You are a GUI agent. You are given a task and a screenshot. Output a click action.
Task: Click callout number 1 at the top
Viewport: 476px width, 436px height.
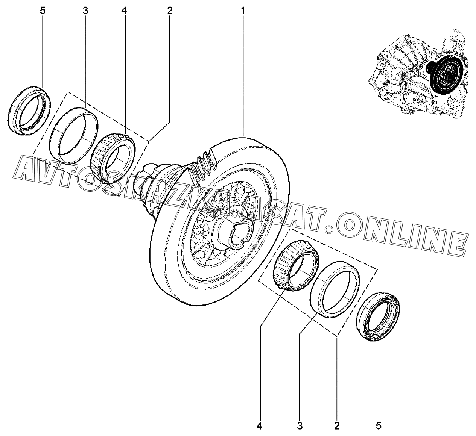coord(243,11)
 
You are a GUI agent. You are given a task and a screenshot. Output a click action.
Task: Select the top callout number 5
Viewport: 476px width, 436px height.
coord(43,11)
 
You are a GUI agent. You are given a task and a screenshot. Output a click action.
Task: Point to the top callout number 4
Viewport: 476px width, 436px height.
coord(124,11)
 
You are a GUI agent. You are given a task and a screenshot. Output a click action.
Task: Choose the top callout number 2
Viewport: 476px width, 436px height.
coord(170,11)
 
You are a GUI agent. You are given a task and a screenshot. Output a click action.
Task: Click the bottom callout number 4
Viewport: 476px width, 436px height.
coord(259,426)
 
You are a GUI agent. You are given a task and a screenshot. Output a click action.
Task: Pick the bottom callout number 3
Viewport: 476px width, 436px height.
coord(299,426)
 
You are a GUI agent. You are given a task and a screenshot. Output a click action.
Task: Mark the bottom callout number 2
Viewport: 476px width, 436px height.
coord(336,426)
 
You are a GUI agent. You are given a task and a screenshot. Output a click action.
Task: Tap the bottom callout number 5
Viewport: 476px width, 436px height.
coord(379,426)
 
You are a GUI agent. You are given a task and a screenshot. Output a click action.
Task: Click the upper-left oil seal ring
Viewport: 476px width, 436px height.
coord(29,109)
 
